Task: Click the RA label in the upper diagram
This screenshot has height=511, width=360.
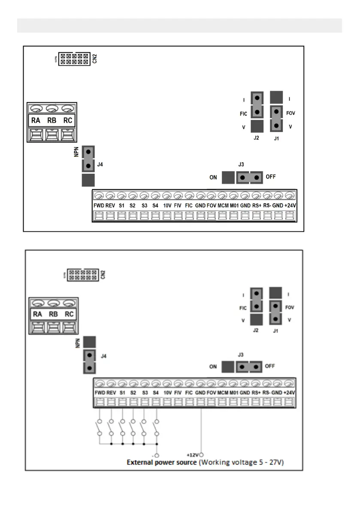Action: (36, 121)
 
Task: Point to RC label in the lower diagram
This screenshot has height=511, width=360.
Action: (69, 314)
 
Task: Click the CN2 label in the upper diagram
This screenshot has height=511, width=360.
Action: (94, 59)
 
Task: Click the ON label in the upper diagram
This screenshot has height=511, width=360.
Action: (213, 177)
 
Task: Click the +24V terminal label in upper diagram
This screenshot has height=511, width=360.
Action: (290, 206)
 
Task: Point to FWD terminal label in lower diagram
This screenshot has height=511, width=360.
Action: (100, 393)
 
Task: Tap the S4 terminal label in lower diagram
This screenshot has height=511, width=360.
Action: (155, 393)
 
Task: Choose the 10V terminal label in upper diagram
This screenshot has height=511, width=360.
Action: (166, 206)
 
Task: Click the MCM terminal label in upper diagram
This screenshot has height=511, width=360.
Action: (222, 206)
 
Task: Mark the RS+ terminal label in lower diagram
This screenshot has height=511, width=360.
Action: (257, 393)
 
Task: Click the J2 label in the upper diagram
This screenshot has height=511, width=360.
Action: (257, 138)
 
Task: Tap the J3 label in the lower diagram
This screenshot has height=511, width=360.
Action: (241, 355)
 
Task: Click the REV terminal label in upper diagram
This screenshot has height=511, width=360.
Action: (111, 206)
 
